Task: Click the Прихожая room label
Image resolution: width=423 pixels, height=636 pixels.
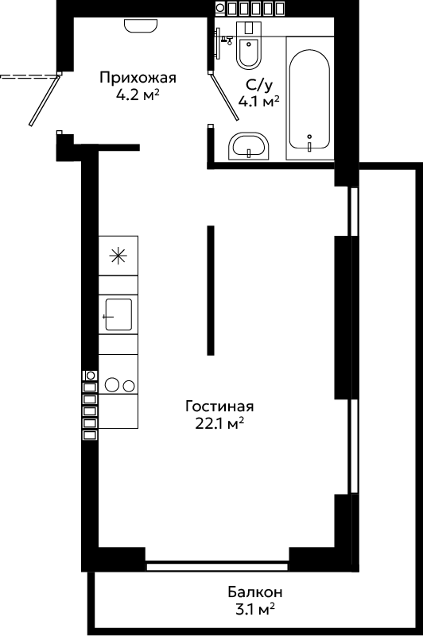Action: pos(138,77)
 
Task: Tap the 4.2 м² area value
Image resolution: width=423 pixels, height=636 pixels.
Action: pos(137,95)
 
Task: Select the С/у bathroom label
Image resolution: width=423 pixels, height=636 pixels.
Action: pos(259,84)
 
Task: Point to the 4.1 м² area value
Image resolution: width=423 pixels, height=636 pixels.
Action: pos(259,102)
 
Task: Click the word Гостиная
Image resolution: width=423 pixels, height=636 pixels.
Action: pos(219,406)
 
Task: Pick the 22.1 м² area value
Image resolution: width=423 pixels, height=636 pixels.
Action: pos(219,423)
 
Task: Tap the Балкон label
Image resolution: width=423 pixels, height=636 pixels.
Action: pos(254,592)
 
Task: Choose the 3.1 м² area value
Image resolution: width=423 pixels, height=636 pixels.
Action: pos(254,609)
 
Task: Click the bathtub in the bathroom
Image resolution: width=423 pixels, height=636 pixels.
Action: pos(309,98)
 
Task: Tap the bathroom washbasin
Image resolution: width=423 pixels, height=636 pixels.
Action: pos(249,146)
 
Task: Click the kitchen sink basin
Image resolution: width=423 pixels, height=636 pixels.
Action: pos(118,314)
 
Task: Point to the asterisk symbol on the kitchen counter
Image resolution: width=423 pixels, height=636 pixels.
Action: pos(118,256)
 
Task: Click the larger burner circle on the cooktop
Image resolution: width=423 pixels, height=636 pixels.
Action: pos(112,384)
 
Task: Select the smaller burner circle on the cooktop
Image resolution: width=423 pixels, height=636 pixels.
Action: pos(130,386)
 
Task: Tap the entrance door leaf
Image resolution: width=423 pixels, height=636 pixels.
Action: pos(44,100)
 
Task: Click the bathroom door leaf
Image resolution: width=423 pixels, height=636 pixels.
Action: pos(224,97)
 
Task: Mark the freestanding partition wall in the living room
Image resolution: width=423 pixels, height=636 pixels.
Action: pos(211,291)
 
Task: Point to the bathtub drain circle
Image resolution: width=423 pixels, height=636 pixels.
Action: pos(309,137)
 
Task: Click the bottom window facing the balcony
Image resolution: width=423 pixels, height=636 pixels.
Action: pos(217,566)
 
